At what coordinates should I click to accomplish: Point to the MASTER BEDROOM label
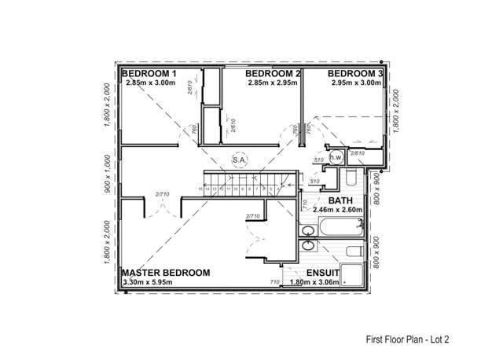[167, 273]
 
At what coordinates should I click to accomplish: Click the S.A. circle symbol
[240, 160]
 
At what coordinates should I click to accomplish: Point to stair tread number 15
[200, 189]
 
